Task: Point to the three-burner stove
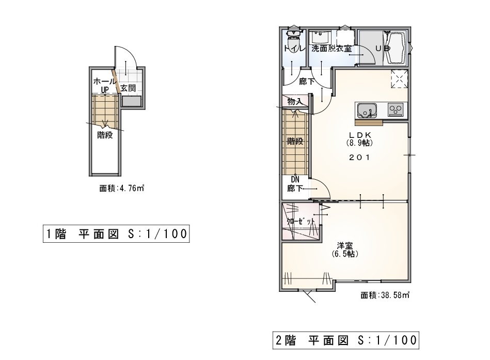coord(396,109)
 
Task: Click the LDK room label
coord(360,135)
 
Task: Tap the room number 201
coord(359,157)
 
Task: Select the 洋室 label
coord(345,245)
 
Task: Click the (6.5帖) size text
coord(345,254)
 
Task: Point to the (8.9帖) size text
coord(360,143)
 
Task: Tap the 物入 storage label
coord(294,102)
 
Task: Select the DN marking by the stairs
coord(295,180)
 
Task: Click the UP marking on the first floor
coord(104,90)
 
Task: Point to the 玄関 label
coord(128,88)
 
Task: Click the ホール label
coord(105,82)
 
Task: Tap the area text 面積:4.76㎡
coord(121,189)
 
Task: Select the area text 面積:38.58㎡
coord(385,295)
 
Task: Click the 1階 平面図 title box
coord(116,233)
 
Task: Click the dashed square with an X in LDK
coord(399,79)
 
